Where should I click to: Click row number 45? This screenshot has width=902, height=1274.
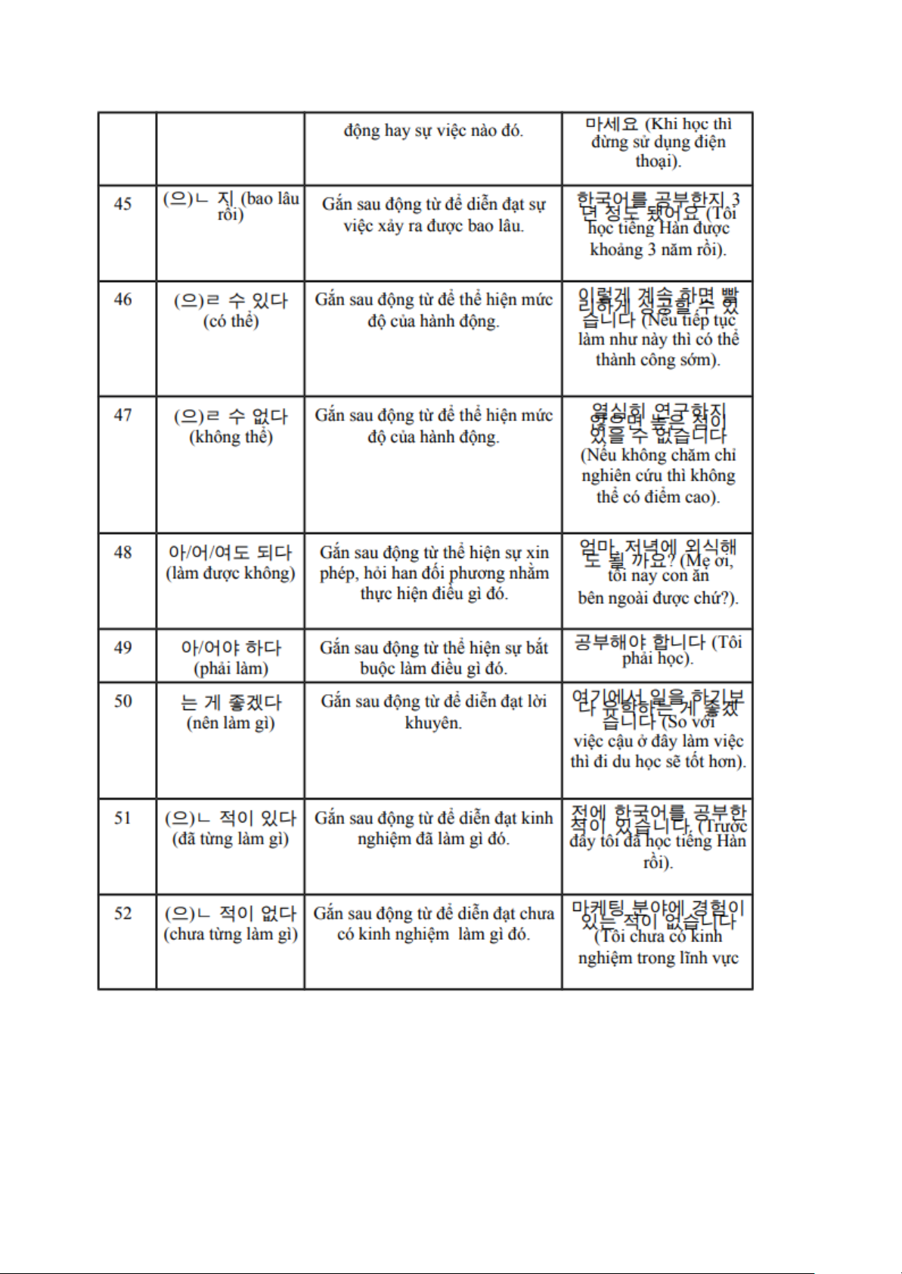[x=122, y=203]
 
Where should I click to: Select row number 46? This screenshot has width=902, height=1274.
[x=122, y=299]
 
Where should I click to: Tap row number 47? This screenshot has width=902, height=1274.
[x=122, y=415]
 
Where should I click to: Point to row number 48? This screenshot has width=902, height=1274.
[x=122, y=552]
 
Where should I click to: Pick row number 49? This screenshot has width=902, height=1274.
[x=122, y=647]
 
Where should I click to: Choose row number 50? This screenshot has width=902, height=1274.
[x=122, y=701]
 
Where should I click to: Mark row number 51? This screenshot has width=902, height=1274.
[x=122, y=817]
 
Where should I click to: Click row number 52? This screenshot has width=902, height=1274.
[x=122, y=913]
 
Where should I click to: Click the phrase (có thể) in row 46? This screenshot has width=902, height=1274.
[x=231, y=321]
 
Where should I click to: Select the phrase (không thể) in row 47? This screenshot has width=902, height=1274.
[x=231, y=437]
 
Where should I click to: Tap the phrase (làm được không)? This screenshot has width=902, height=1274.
[x=231, y=573]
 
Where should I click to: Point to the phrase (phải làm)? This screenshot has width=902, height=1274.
[x=231, y=668]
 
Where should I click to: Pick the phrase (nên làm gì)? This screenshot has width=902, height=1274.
[x=231, y=723]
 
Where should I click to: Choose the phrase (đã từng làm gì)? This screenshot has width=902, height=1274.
[x=231, y=838]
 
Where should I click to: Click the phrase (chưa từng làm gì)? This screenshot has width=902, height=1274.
[x=231, y=935]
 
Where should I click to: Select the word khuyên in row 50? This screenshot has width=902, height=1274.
[x=433, y=723]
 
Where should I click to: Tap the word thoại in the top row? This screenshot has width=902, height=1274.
[x=657, y=161]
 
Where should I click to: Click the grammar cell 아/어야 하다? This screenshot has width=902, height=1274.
[x=231, y=648]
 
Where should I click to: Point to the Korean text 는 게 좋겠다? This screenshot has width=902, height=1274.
[x=231, y=702]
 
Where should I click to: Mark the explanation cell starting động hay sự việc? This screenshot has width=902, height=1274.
[x=433, y=131]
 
